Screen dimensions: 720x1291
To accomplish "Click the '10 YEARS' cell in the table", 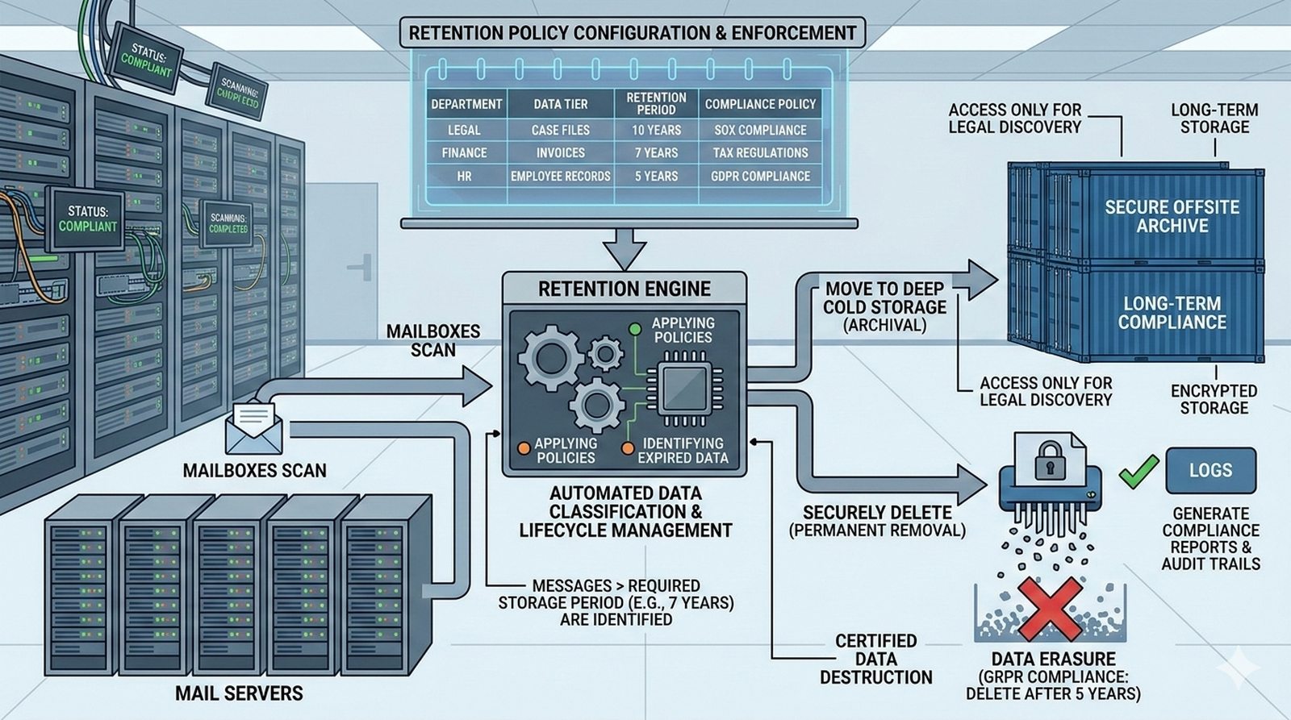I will [656, 130].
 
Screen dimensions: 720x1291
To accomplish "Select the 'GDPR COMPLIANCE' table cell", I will [760, 176].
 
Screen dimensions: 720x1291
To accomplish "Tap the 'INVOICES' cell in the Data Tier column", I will [560, 152].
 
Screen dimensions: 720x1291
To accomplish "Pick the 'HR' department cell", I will [464, 176].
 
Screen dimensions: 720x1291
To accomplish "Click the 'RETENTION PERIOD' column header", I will [656, 103].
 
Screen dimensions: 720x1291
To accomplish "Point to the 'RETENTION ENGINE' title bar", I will [625, 289].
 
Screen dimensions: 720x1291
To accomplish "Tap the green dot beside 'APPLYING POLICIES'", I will [635, 329].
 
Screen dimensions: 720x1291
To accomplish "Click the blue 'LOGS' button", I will [1210, 470].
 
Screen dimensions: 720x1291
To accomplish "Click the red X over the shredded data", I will [1050, 609].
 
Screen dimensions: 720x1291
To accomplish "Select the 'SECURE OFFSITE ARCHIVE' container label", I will [1172, 216].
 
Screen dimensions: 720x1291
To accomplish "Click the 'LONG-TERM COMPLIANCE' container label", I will [1172, 313].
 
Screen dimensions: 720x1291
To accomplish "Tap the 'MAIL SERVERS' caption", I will [239, 693].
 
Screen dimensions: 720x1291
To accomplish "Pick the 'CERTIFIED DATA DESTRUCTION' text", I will [876, 659].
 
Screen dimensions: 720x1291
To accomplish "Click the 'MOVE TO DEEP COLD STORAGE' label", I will [884, 306].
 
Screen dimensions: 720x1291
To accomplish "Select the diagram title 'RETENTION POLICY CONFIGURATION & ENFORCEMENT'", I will [632, 33].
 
